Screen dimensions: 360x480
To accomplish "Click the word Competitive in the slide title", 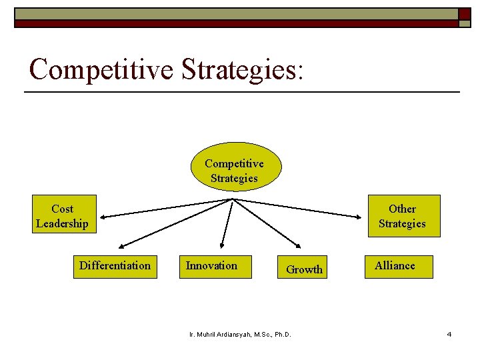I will click(101, 69).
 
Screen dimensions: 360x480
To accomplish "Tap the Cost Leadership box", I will click(62, 216).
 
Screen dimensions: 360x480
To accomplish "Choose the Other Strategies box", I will click(402, 216).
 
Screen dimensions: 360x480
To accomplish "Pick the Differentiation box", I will click(115, 266).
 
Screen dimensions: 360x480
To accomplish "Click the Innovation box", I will click(215, 266).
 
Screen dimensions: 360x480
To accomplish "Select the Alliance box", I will click(398, 266).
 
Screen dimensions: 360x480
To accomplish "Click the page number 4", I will click(449, 334).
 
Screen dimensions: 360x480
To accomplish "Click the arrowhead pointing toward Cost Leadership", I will click(105, 215).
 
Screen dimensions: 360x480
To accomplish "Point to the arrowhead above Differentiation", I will click(124, 245).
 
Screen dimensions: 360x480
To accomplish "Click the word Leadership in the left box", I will click(62, 224).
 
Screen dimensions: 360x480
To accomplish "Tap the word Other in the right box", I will click(402, 209).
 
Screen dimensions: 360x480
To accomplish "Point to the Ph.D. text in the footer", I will click(283, 334).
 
